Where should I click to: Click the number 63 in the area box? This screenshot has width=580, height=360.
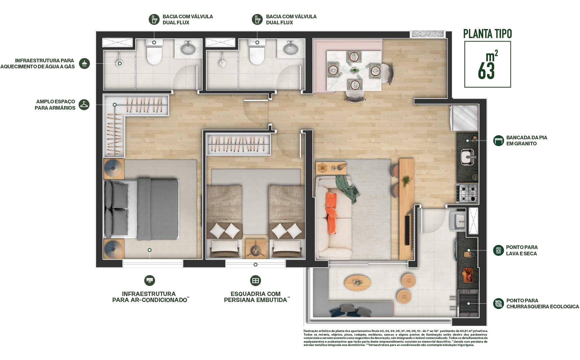pos(486,70)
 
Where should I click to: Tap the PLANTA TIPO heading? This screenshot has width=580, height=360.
pos(487,34)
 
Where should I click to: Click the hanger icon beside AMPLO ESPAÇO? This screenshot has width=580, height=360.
pos(84,105)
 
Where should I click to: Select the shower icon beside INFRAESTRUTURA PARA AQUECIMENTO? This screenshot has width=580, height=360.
pos(84,63)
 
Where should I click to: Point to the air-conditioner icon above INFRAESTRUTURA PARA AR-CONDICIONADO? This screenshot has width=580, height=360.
pos(150,280)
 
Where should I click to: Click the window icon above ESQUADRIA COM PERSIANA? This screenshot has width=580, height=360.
pos(255,280)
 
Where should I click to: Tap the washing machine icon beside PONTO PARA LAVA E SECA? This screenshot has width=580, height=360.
pos(498,250)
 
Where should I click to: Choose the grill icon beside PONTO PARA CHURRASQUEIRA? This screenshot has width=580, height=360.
pos(498,304)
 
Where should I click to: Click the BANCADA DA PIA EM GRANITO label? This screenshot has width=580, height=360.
pos(527,140)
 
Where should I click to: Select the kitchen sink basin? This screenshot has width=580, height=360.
pos(467,157)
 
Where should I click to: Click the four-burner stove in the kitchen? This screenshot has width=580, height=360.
pos(467,193)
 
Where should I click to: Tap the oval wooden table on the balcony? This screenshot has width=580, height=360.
pos(358,283)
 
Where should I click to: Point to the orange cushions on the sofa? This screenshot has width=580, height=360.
pos(331,212)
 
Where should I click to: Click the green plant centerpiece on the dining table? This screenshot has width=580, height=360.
pos(355,70)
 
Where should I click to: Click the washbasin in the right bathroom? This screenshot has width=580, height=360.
pos(291,48)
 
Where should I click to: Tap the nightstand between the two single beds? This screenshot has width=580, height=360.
pos(256,249)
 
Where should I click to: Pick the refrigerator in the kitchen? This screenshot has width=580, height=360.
pos(464,118)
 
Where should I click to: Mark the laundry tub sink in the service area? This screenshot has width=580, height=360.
pos(457,220)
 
